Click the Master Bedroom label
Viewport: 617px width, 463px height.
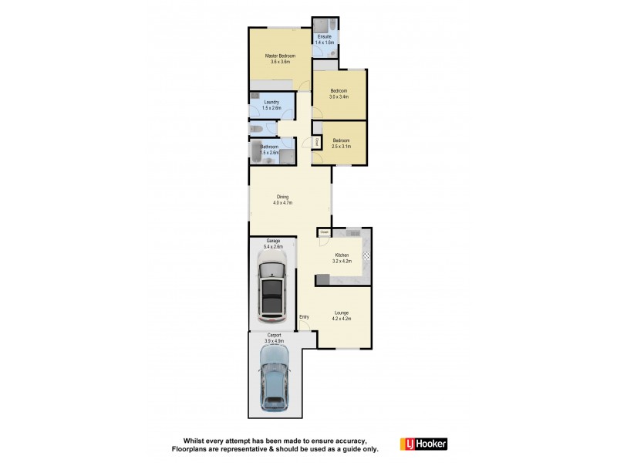pos(280,56)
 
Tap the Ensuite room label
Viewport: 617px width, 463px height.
pos(325,37)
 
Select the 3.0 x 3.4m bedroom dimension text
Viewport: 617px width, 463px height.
pos(339,97)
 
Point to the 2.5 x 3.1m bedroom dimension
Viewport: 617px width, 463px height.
pos(341,146)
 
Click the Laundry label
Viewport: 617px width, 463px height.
pos(271,102)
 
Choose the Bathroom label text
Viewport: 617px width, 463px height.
pos(269,147)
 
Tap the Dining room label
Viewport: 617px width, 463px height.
pos(283,198)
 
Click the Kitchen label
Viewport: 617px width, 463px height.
pos(342,255)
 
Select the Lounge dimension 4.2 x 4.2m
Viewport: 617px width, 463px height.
pos(342,319)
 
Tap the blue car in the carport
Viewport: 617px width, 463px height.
pos(275,378)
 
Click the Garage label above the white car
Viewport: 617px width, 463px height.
pos(274,241)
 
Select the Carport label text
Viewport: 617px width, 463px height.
pos(275,335)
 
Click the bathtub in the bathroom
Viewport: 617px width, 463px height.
pos(255,151)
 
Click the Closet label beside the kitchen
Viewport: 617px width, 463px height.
pos(324,231)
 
